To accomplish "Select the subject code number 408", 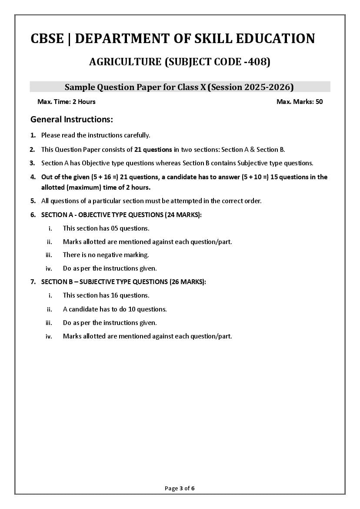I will [258, 62].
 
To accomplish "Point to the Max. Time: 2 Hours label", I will [67, 102].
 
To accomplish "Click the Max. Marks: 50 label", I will [300, 102].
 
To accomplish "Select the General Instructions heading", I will [72, 119].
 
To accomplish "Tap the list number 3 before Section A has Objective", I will [32, 163].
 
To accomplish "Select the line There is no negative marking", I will [106, 255].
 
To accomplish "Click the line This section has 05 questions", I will [106, 228].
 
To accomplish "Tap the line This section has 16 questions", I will [106, 295].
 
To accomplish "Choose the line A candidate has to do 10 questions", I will [115, 309].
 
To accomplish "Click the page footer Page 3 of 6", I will [180, 488].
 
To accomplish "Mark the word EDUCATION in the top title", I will [275, 39].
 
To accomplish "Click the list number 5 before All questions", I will [32, 201].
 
